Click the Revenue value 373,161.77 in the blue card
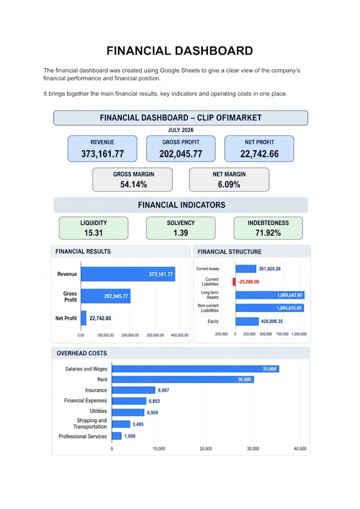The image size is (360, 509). [102, 153]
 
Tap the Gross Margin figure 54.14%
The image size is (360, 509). [133, 184]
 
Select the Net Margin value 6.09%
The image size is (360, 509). [229, 184]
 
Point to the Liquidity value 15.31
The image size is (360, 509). [94, 233]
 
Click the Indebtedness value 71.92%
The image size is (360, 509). [268, 233]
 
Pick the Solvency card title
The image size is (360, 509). [181, 223]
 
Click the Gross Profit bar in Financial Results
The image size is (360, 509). [105, 296]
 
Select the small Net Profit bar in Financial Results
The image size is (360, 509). [84, 318]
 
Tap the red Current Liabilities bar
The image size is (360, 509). [234, 282]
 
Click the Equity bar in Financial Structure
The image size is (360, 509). [247, 321]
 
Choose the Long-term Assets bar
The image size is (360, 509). [270, 295]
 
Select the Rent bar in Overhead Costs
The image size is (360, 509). [183, 379]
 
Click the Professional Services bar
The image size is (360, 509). [116, 436]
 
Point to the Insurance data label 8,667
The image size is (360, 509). [164, 390]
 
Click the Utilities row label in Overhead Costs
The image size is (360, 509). [98, 411]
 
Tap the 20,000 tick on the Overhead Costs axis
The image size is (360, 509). [205, 449]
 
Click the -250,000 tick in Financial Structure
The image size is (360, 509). [221, 334]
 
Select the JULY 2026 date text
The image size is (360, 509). [181, 130]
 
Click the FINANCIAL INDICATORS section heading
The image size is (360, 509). [181, 205]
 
